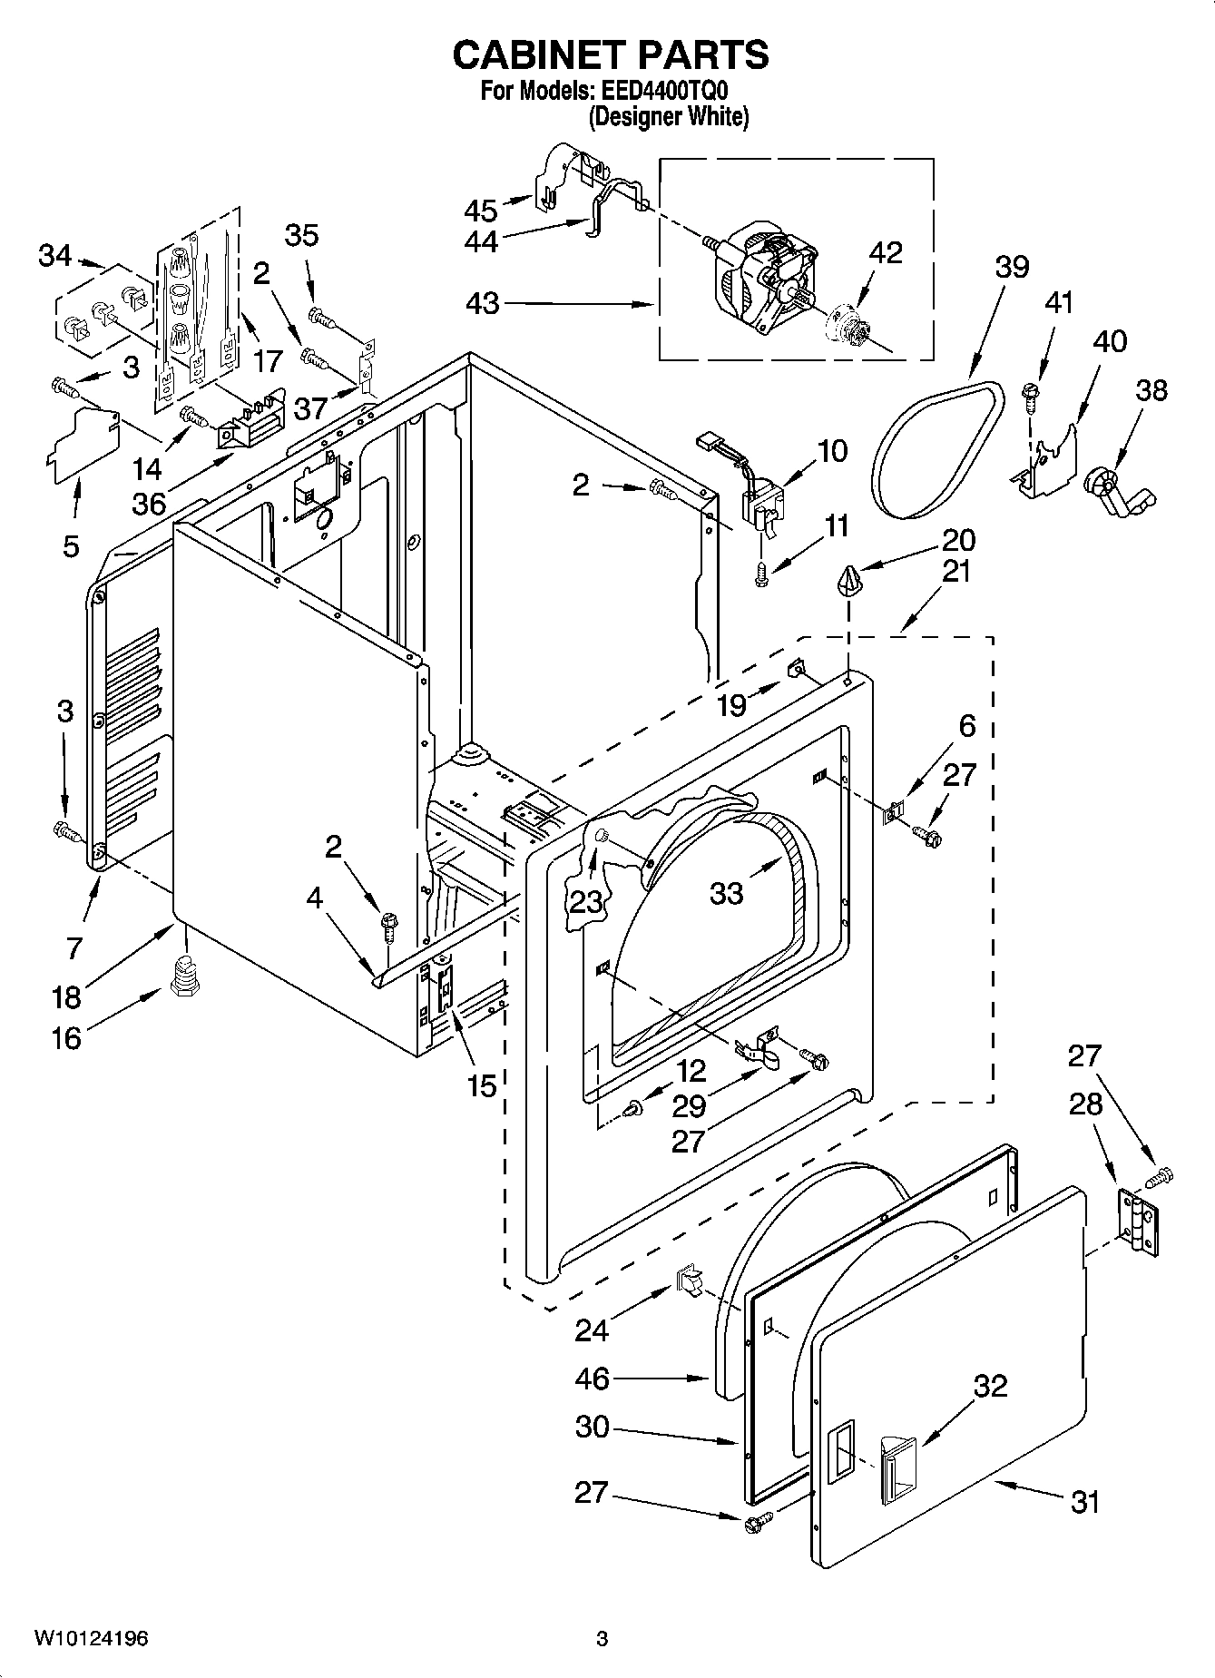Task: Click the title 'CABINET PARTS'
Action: pyautogui.click(x=610, y=55)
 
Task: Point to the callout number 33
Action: pyautogui.click(x=727, y=893)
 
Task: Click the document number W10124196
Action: pyautogui.click(x=92, y=1638)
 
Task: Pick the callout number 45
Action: pyautogui.click(x=481, y=211)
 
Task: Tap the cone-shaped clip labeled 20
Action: pyautogui.click(x=849, y=578)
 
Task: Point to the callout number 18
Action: pyautogui.click(x=67, y=996)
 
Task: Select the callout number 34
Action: pyautogui.click(x=54, y=256)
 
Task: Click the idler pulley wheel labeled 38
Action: pyautogui.click(x=1114, y=490)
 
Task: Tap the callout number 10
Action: pyautogui.click(x=832, y=450)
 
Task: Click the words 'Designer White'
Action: pyautogui.click(x=669, y=117)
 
